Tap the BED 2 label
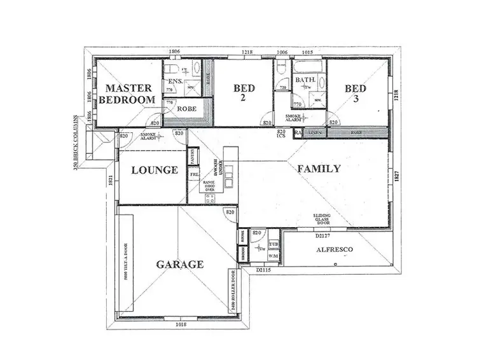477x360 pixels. (x=244, y=93)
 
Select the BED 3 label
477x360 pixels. (x=356, y=93)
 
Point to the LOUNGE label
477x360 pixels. (x=153, y=170)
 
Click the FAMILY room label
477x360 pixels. (x=319, y=169)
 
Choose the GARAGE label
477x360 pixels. (x=181, y=264)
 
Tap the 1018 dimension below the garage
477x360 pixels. (x=183, y=324)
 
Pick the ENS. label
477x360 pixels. (x=174, y=82)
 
